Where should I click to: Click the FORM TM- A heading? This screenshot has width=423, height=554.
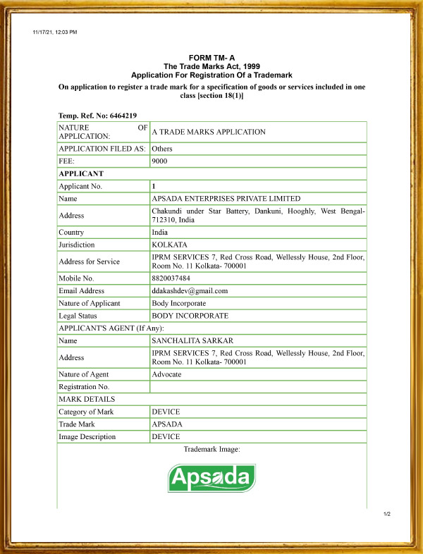211,58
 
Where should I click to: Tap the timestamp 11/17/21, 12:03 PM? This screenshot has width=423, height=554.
55,32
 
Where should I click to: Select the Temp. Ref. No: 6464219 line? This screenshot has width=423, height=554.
97,115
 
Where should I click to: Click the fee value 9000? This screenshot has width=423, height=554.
159,161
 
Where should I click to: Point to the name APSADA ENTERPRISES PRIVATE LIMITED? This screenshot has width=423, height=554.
226,199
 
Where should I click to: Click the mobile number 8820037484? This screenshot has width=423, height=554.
169,278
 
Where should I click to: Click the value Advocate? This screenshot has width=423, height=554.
166,374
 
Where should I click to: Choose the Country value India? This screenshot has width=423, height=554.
160,233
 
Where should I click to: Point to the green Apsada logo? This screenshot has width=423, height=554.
211,478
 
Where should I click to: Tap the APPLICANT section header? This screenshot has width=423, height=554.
81,173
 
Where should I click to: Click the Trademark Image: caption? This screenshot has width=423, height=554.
211,449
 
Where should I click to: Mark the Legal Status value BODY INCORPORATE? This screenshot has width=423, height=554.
190,316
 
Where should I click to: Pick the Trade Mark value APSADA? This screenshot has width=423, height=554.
167,424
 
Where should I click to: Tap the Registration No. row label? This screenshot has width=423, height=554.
84,387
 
